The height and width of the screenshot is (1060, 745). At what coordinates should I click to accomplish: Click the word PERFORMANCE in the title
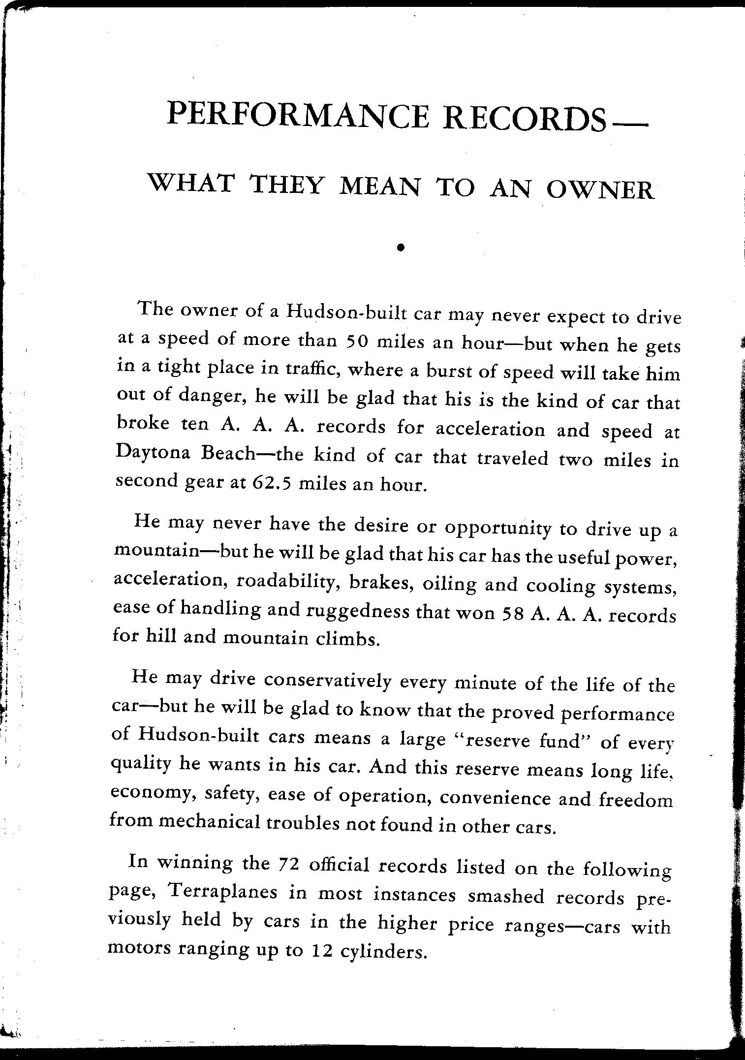click(298, 115)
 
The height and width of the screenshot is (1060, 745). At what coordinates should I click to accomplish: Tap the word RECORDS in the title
click(524, 118)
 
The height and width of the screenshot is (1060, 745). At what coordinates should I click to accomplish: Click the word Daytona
click(153, 453)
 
